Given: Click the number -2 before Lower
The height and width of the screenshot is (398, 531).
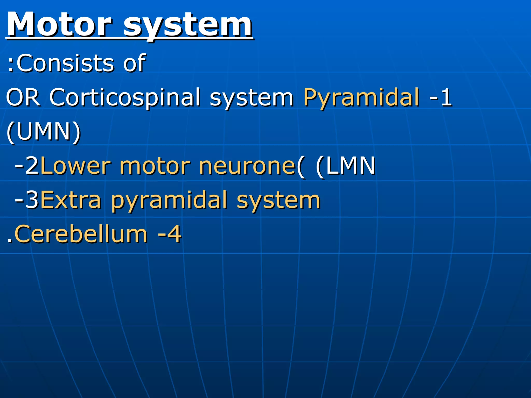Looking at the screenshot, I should [27, 166].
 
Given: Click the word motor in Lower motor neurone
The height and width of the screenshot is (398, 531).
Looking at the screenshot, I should [155, 166].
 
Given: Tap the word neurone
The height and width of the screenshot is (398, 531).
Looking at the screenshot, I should [247, 166].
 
